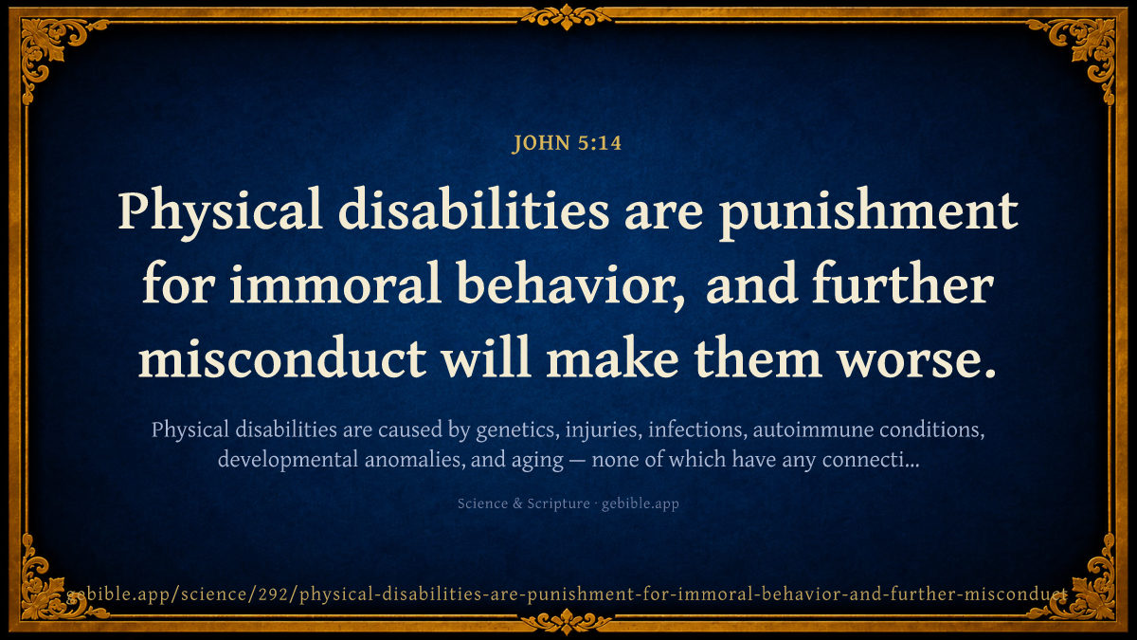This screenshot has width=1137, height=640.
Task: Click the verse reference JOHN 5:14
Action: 567,143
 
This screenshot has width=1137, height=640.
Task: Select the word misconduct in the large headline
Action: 282,358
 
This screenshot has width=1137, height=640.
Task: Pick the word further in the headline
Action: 903,283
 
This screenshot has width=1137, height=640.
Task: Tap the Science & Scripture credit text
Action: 523,503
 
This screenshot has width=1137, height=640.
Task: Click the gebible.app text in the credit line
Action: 641,503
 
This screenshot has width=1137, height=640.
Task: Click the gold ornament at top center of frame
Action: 567,17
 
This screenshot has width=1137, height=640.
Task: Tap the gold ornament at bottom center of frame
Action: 567,622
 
